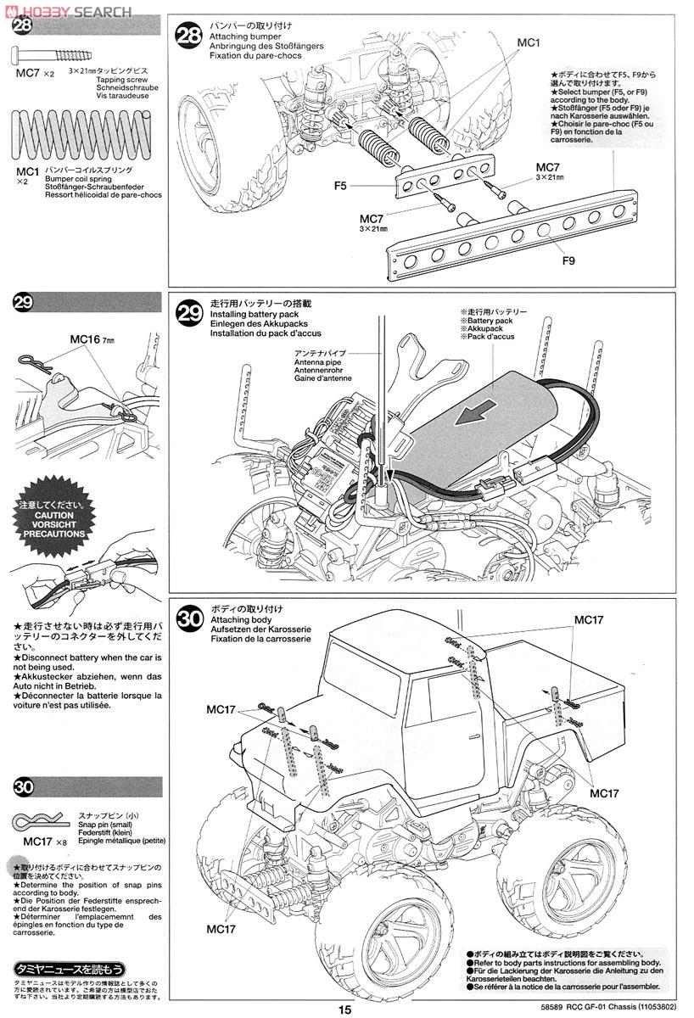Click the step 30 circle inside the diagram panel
[189, 618]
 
